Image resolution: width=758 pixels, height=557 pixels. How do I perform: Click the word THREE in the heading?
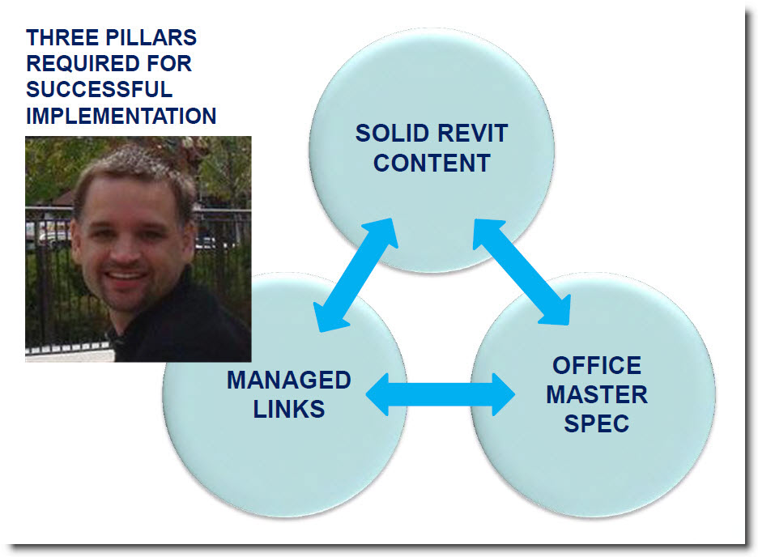coord(60,38)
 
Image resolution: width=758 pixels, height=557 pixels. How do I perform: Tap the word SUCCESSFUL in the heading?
coord(99,89)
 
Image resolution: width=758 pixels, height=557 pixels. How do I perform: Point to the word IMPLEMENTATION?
coord(121,116)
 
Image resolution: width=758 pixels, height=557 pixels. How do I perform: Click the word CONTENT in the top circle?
coord(432,163)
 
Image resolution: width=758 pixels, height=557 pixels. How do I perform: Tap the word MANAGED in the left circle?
coord(289,381)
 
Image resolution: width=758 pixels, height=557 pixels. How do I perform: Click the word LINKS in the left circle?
coord(289,409)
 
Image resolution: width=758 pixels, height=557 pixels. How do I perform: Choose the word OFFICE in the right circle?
coord(597,365)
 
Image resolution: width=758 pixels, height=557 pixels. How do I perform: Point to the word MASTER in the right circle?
coord(597,395)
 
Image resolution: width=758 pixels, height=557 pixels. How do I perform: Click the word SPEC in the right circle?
coord(597,423)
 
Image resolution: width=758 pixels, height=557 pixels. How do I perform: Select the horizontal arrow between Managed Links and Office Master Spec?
coord(441,395)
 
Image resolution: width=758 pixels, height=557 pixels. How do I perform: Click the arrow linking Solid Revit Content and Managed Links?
coord(356,275)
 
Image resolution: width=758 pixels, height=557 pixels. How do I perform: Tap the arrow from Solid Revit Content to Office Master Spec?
coord(522,272)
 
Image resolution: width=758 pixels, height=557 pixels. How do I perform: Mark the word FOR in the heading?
coord(169,63)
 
